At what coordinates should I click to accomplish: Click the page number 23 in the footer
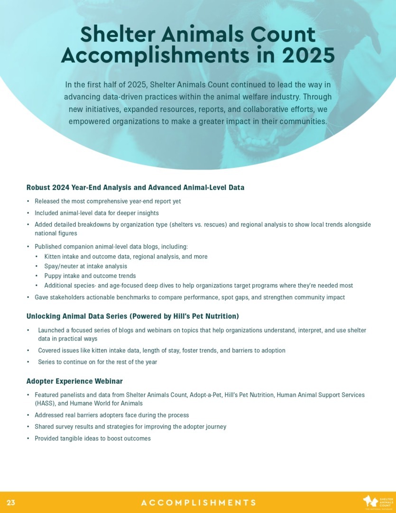pos(11,503)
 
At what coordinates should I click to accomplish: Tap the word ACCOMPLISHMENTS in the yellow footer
pos(198,503)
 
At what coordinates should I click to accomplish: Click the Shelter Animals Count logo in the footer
pos(378,503)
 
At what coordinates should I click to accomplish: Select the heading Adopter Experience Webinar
pos(74,381)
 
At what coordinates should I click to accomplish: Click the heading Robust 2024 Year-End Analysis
pos(135,188)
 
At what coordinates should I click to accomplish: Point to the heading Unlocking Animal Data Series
pos(132,316)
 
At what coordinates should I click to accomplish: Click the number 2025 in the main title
pos(308,56)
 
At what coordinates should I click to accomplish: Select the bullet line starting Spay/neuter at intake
pos(85,266)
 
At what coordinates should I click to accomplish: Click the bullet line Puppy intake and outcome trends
pos(90,276)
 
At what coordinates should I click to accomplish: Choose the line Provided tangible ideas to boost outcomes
pos(92,438)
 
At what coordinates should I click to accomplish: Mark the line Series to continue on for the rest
pos(97,362)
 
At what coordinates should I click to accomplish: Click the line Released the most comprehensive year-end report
pos(108,201)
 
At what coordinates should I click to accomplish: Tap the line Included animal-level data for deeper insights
pos(96,213)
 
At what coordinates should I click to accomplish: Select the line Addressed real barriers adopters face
pos(111,415)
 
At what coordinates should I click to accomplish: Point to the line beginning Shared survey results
pos(130,427)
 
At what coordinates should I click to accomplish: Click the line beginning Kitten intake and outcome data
pos(126,256)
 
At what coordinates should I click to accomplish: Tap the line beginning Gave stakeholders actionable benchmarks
pos(190,297)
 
